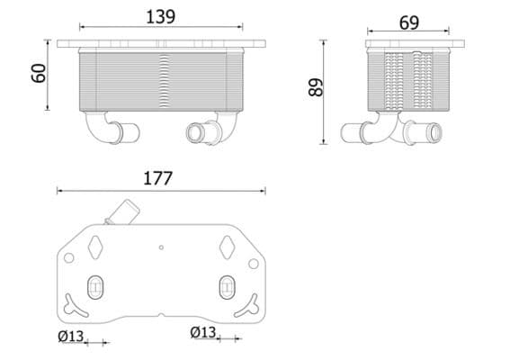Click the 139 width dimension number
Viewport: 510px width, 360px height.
point(161,16)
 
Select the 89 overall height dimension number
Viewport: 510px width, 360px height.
point(315,88)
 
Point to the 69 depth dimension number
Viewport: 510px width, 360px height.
point(408,22)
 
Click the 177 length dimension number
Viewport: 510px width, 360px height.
point(159,178)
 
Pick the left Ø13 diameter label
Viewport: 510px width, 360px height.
point(72,336)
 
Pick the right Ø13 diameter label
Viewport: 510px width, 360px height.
point(204,333)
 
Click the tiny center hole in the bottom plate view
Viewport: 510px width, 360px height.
point(161,247)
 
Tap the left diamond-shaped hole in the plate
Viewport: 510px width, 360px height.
point(95,242)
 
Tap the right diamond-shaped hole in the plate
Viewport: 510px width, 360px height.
point(227,242)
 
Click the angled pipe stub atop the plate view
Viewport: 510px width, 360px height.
point(121,213)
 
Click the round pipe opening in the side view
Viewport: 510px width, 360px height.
point(435,135)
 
